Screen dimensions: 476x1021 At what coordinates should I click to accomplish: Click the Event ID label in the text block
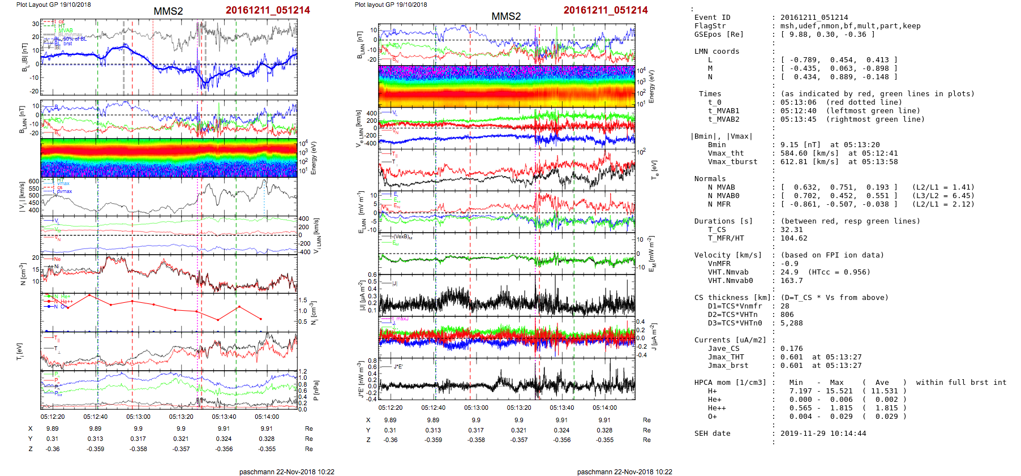point(712,18)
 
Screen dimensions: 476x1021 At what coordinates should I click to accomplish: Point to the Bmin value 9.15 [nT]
point(796,145)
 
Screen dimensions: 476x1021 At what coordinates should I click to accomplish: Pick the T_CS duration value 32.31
point(791,230)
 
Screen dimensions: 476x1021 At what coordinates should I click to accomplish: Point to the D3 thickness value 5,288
point(791,323)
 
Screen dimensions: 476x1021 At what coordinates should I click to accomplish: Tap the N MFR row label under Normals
point(719,204)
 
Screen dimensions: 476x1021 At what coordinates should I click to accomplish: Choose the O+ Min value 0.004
point(800,417)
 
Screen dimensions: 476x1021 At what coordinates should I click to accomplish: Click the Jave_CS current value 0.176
point(791,349)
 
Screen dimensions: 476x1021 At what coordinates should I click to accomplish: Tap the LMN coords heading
point(717,52)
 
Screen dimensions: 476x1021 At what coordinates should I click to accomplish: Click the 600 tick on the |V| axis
point(34,182)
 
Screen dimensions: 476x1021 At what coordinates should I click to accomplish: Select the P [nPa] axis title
point(316,391)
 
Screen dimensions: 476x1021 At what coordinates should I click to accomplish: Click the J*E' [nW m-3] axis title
point(359,380)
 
